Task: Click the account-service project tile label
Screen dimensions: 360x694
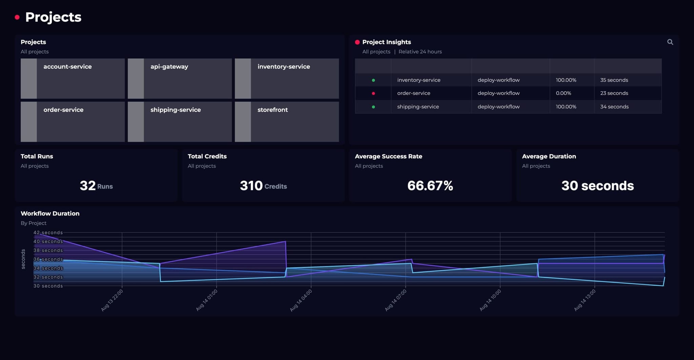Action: pyautogui.click(x=67, y=67)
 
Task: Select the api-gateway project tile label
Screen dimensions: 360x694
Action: pyautogui.click(x=169, y=67)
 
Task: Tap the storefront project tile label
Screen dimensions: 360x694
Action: pyautogui.click(x=272, y=110)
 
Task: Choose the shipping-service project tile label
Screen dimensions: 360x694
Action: pyautogui.click(x=176, y=110)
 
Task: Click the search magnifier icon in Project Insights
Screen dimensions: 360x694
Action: pyautogui.click(x=670, y=42)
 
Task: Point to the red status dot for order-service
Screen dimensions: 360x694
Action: pyautogui.click(x=373, y=93)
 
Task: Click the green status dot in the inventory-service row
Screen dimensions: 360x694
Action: pyautogui.click(x=373, y=80)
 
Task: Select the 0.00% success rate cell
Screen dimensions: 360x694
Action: pyautogui.click(x=563, y=93)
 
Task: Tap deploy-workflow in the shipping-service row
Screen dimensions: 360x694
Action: pyautogui.click(x=498, y=107)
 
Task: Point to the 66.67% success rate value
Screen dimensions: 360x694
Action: pyautogui.click(x=430, y=186)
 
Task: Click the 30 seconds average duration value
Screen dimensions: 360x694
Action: pyautogui.click(x=597, y=186)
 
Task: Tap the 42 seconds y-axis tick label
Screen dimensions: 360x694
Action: pyautogui.click(x=48, y=233)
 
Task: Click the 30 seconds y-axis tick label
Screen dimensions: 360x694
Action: pyautogui.click(x=48, y=286)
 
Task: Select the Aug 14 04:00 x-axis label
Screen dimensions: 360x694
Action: pyautogui.click(x=301, y=300)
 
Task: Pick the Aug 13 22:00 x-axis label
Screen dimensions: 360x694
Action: pyautogui.click(x=112, y=300)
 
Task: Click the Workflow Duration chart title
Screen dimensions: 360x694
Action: pyautogui.click(x=50, y=214)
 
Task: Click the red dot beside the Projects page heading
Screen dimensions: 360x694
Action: pyautogui.click(x=17, y=17)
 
